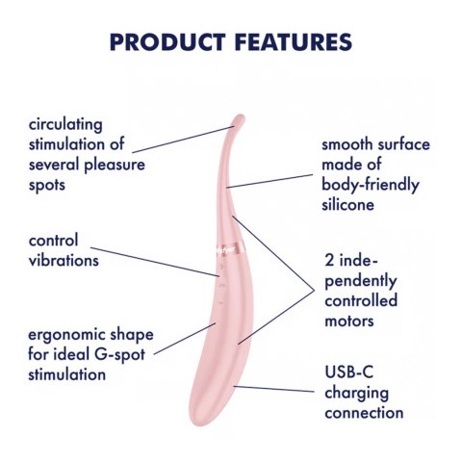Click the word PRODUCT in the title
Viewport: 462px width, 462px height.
(167, 42)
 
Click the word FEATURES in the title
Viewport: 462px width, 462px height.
(293, 42)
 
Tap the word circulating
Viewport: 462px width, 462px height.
(65, 125)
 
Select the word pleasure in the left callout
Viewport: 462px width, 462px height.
(115, 166)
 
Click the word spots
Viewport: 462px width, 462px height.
(47, 186)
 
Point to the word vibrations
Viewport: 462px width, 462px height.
(64, 260)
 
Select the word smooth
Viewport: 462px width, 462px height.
(347, 144)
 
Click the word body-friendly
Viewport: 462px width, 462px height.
(371, 185)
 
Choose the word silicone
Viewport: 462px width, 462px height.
(347, 204)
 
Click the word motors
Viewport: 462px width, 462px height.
(349, 321)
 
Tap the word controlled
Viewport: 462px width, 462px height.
(361, 300)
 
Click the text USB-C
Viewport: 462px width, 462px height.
(349, 372)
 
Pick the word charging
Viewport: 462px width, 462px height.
(356, 394)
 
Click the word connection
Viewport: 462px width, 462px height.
(364, 413)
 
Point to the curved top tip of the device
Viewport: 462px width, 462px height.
(239, 119)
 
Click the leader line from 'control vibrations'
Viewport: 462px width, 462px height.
(155, 262)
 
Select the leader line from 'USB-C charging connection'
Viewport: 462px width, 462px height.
(274, 389)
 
